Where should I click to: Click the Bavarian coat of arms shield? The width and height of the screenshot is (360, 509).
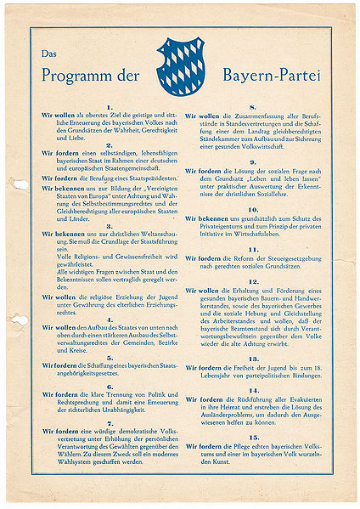[x=181, y=65]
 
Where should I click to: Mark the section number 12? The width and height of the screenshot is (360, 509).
[x=252, y=281]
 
